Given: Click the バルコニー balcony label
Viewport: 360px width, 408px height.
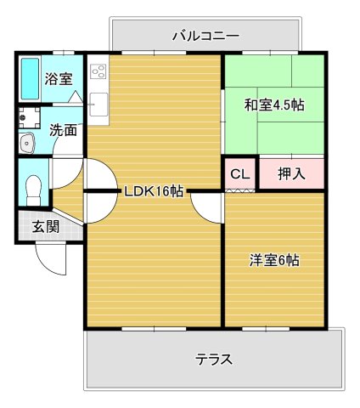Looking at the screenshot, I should click(205, 36).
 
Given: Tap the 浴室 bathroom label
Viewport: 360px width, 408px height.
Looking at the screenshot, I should click(59, 79).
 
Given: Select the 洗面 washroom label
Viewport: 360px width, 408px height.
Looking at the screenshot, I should click(61, 131).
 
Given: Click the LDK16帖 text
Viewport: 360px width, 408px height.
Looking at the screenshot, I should click(153, 190).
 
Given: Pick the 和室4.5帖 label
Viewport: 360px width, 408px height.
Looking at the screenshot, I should click(274, 105).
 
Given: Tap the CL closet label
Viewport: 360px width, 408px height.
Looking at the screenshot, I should click(240, 174).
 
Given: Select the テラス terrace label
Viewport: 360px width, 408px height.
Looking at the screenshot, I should click(214, 358).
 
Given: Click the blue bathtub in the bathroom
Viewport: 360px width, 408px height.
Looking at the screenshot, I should click(30, 79).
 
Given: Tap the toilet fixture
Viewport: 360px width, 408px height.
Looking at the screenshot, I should click(33, 187).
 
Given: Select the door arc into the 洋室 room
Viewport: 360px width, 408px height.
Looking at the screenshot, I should click(205, 209).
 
